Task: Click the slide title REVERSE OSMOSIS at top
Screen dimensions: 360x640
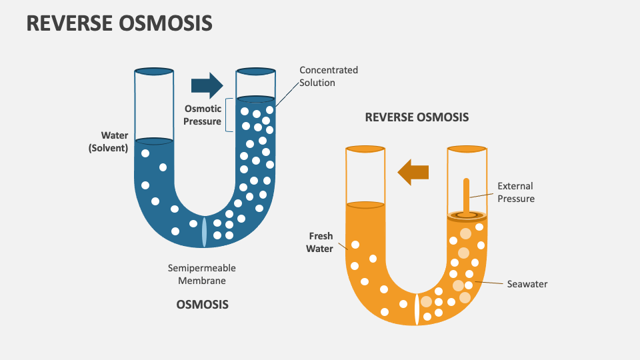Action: click(119, 23)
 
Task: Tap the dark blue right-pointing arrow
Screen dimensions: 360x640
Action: click(207, 85)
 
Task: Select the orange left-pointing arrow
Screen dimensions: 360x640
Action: click(413, 172)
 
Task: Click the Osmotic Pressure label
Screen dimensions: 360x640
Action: click(203, 115)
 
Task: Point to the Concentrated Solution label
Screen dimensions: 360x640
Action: click(328, 76)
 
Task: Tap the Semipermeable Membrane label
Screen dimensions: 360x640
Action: click(201, 274)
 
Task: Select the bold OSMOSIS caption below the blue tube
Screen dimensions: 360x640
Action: click(202, 304)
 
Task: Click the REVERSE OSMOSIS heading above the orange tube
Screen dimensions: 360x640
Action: click(417, 117)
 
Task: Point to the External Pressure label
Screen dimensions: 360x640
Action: click(515, 192)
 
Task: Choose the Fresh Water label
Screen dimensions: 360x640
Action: click(319, 242)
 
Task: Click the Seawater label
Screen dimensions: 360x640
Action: click(527, 284)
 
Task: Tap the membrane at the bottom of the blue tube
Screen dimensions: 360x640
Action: click(204, 231)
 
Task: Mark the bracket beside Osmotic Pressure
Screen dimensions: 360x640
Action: click(229, 115)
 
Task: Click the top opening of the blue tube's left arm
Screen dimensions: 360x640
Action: click(154, 71)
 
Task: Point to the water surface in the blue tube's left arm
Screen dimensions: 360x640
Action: click(154, 141)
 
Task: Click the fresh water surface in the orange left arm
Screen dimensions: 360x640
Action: click(365, 203)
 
